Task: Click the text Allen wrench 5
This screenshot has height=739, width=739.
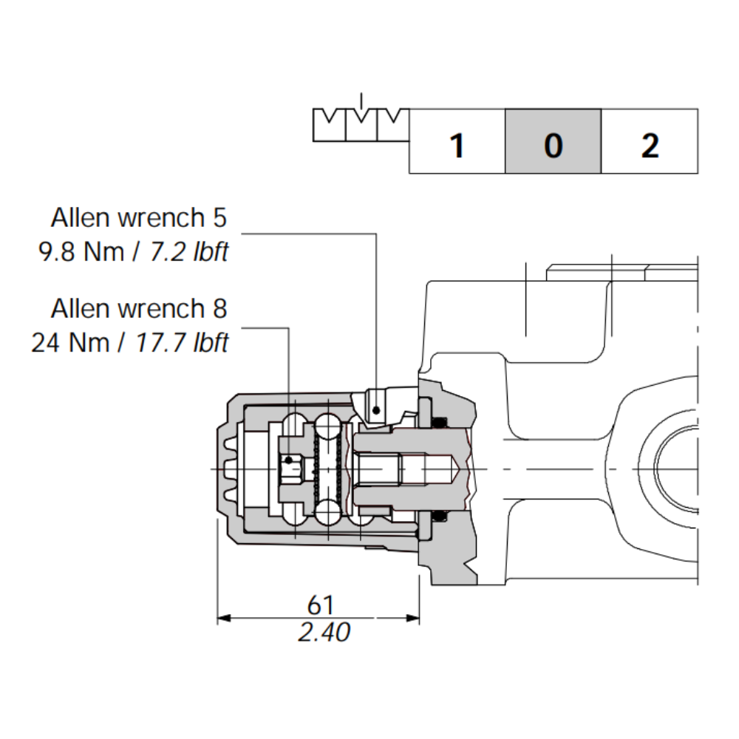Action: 139,218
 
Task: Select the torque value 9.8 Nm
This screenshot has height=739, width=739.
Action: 81,252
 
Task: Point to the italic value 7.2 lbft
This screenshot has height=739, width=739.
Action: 189,252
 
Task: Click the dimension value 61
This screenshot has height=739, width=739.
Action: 320,605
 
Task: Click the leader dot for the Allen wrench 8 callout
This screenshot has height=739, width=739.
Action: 290,462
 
